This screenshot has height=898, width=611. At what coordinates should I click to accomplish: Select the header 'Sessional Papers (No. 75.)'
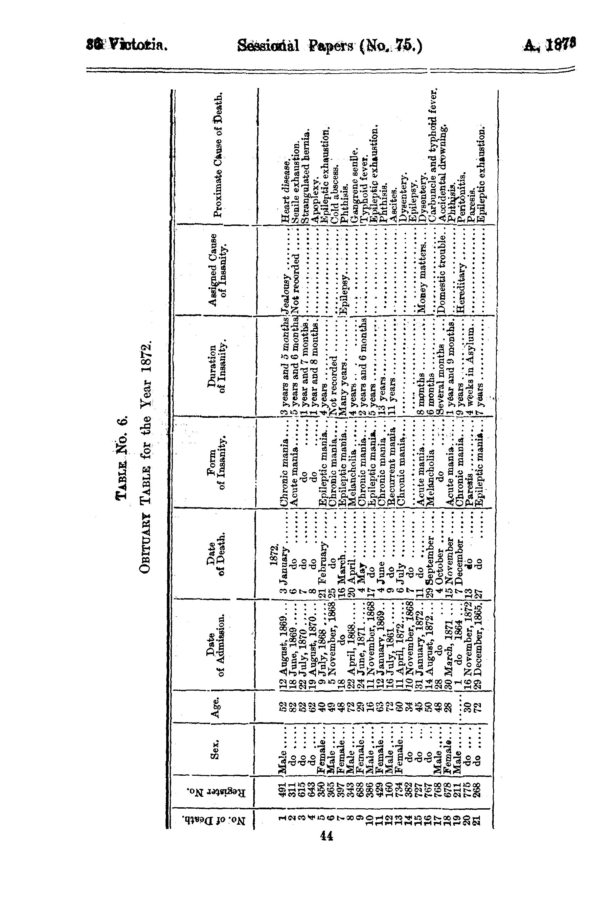click(x=330, y=46)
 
